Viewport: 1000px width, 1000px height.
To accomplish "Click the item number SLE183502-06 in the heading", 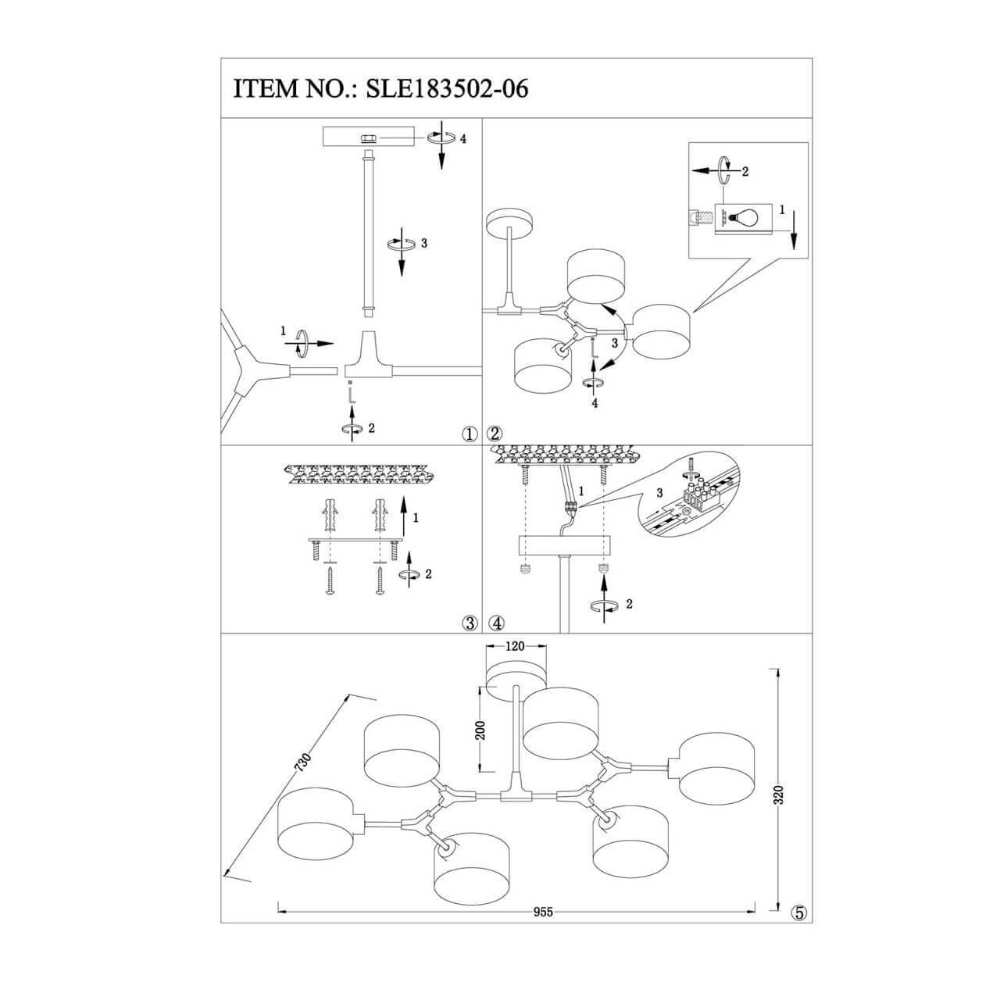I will [x=442, y=88].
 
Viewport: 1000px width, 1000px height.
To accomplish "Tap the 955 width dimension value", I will [x=543, y=912].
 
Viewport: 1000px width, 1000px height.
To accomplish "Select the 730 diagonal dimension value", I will [x=305, y=763].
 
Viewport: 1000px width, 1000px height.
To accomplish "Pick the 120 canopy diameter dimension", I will [x=513, y=646].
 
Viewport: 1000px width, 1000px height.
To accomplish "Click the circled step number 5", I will [x=798, y=912].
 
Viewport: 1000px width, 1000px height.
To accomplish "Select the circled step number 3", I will [x=470, y=623].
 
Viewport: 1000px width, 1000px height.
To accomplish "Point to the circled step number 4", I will [x=498, y=623].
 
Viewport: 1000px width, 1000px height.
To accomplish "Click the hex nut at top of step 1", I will [x=367, y=138].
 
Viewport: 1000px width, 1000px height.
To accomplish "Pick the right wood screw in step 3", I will [x=380, y=580].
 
